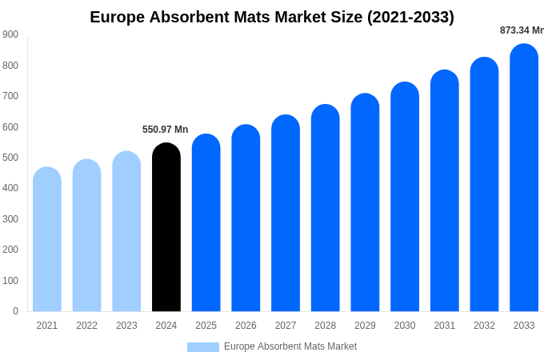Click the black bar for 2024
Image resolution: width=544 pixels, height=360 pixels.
[166, 228]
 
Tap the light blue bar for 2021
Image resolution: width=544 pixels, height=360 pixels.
[47, 239]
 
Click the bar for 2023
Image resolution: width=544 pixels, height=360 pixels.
[126, 231]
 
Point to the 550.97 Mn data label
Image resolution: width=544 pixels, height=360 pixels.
[165, 130]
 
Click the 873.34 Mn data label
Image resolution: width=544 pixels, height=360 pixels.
[522, 30]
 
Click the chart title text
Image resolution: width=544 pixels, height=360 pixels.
[272, 17]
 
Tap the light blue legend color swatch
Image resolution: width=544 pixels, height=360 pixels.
[203, 347]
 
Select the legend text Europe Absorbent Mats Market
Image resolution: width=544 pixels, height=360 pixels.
[290, 346]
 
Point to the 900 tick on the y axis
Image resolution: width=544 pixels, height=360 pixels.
[10, 34]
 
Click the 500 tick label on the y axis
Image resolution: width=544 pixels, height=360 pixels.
[10, 158]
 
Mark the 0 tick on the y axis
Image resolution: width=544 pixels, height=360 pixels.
[15, 311]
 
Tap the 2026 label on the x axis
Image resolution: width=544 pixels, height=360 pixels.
[246, 326]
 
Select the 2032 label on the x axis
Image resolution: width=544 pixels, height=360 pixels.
[484, 326]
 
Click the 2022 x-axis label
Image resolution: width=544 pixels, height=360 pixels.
[86, 326]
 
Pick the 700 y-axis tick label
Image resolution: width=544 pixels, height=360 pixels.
[10, 96]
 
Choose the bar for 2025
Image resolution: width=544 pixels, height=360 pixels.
[206, 223]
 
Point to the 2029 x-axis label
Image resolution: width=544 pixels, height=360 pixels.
[365, 326]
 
